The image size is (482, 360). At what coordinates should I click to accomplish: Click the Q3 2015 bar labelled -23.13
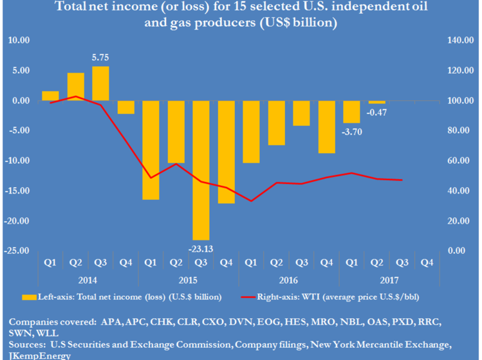(201, 170)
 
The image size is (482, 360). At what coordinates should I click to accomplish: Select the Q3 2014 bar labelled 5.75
(100, 84)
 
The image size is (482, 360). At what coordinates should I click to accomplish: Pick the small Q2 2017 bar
(376, 102)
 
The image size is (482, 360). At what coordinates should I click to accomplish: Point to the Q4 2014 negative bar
(125, 107)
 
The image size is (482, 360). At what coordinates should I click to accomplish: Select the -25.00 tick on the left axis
(17, 251)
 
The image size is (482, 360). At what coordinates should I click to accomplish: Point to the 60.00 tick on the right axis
(458, 161)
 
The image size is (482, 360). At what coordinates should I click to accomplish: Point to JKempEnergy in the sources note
(37, 355)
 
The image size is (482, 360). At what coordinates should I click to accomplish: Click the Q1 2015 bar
(151, 150)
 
